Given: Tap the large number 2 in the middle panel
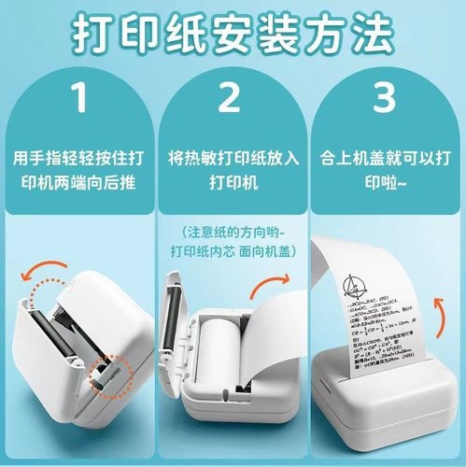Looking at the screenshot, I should coord(232,96).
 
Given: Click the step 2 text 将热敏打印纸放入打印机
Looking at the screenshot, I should coord(232,167).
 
